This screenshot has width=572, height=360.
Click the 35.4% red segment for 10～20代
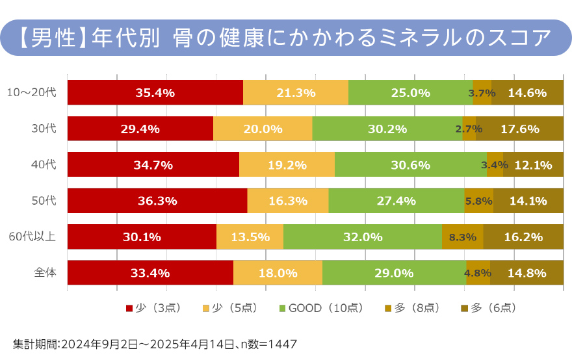click(x=155, y=92)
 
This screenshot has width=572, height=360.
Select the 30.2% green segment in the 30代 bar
click(x=387, y=129)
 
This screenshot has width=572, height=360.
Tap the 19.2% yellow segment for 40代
click(x=287, y=165)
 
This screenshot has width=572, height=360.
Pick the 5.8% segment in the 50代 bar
click(x=478, y=201)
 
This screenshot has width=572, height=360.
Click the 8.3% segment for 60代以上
click(x=462, y=237)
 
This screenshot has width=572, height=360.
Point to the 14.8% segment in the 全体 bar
click(x=526, y=273)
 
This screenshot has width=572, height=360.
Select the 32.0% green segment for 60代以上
click(x=362, y=237)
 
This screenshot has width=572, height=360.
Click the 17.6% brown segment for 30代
click(x=519, y=129)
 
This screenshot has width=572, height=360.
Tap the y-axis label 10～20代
click(x=32, y=93)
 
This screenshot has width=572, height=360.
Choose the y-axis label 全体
click(x=45, y=273)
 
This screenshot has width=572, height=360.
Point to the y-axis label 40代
click(x=44, y=165)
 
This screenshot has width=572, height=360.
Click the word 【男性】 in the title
click(x=50, y=37)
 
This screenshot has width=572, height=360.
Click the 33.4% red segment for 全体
click(x=149, y=273)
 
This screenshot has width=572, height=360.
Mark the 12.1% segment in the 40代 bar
click(x=533, y=165)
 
